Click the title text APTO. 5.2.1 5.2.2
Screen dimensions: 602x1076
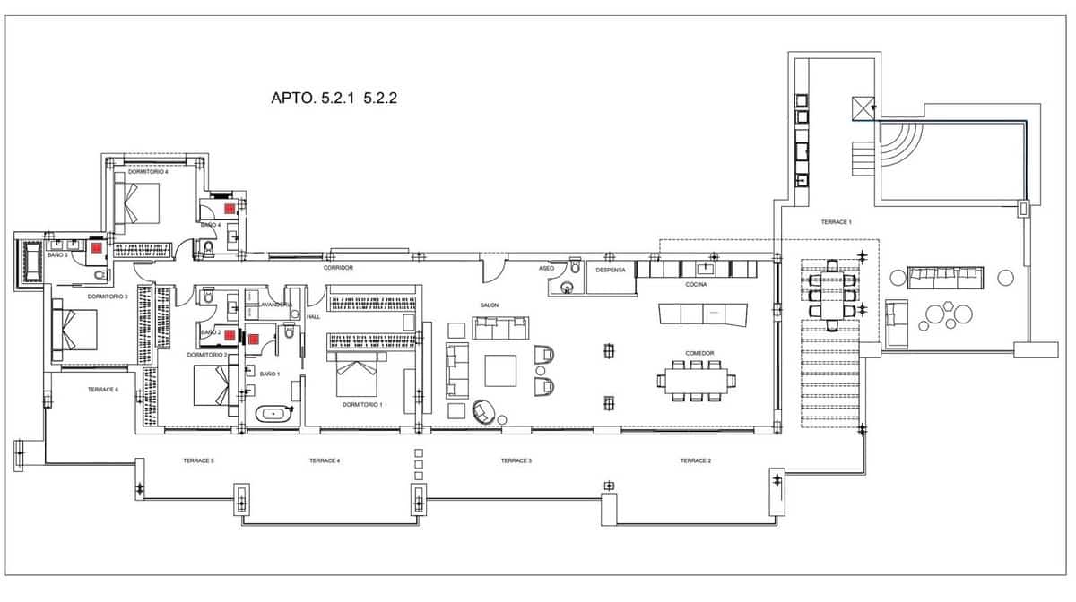[334, 99]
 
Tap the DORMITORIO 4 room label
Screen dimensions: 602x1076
[148, 171]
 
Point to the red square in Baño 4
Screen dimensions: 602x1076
[230, 207]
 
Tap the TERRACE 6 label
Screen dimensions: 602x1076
[102, 390]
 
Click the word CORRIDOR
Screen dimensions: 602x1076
[338, 268]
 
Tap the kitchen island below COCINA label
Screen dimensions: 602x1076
[702, 314]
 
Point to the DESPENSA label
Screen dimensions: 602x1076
[611, 270]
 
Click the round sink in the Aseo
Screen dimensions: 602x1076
[565, 288]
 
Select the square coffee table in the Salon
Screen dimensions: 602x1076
[500, 370]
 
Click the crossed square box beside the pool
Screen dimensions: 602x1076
[863, 108]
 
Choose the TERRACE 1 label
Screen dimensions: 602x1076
[836, 221]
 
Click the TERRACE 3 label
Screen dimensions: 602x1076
[516, 460]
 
